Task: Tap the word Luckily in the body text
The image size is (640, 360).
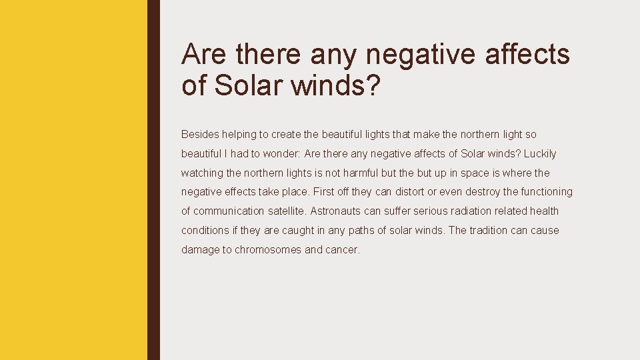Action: point(539,153)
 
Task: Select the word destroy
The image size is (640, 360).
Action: point(481,192)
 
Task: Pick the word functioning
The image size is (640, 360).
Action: point(547,192)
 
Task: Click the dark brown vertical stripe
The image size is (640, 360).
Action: point(153,180)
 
